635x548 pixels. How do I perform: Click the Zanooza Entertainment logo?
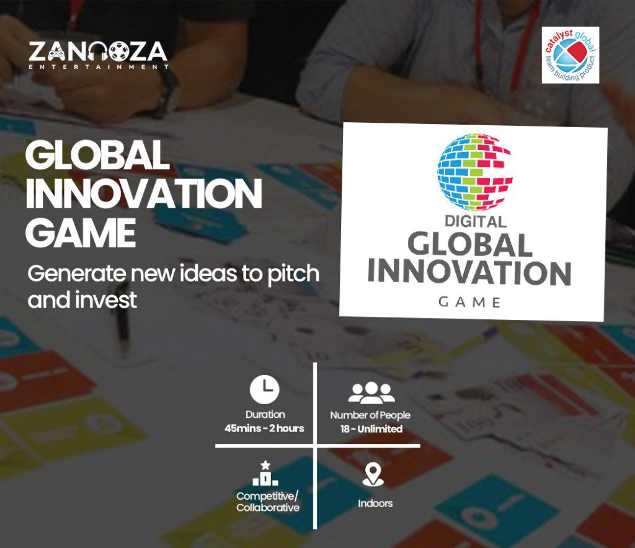pos(98,55)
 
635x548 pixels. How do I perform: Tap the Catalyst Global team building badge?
pos(570,55)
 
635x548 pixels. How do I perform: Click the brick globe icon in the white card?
pos(476,169)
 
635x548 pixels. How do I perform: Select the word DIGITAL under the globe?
pos(475,221)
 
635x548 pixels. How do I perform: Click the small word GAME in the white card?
pos(469,302)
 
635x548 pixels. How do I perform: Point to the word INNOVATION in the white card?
pos(469,272)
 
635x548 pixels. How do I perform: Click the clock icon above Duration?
pos(265,389)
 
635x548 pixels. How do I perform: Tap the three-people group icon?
pos(371,392)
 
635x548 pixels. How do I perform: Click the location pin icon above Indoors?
pos(372,474)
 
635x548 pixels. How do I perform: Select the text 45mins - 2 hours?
pos(265,428)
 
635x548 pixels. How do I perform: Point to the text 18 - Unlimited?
pos(371,429)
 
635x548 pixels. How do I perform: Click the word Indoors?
pos(375,503)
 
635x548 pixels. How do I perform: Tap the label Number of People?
pos(370,415)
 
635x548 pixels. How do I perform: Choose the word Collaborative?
pos(268,508)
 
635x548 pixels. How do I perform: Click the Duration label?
pos(265,414)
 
